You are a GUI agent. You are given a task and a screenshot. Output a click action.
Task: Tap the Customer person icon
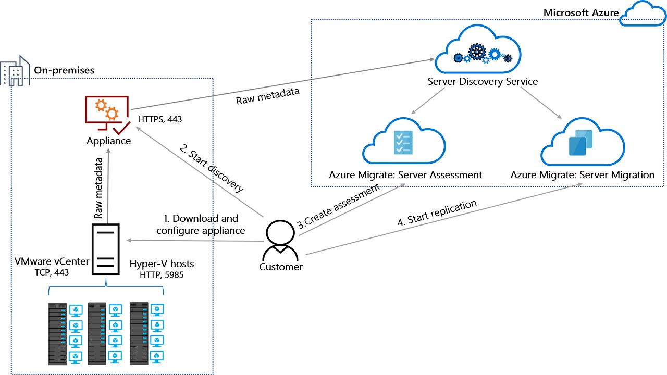coord(280,240)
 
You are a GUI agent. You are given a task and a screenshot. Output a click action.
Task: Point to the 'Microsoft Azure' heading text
coord(580,12)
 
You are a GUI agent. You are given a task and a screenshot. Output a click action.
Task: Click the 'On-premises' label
coord(65,70)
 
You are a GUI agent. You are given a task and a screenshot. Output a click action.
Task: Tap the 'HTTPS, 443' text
coord(160,119)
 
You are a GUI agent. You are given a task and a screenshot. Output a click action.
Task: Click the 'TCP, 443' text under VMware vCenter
coord(50,272)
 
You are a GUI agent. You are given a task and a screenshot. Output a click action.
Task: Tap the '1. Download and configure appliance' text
coord(201,224)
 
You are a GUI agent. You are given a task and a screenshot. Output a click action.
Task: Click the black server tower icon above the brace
coord(106,248)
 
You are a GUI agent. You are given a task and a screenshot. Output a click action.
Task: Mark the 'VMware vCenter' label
coord(51,261)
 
